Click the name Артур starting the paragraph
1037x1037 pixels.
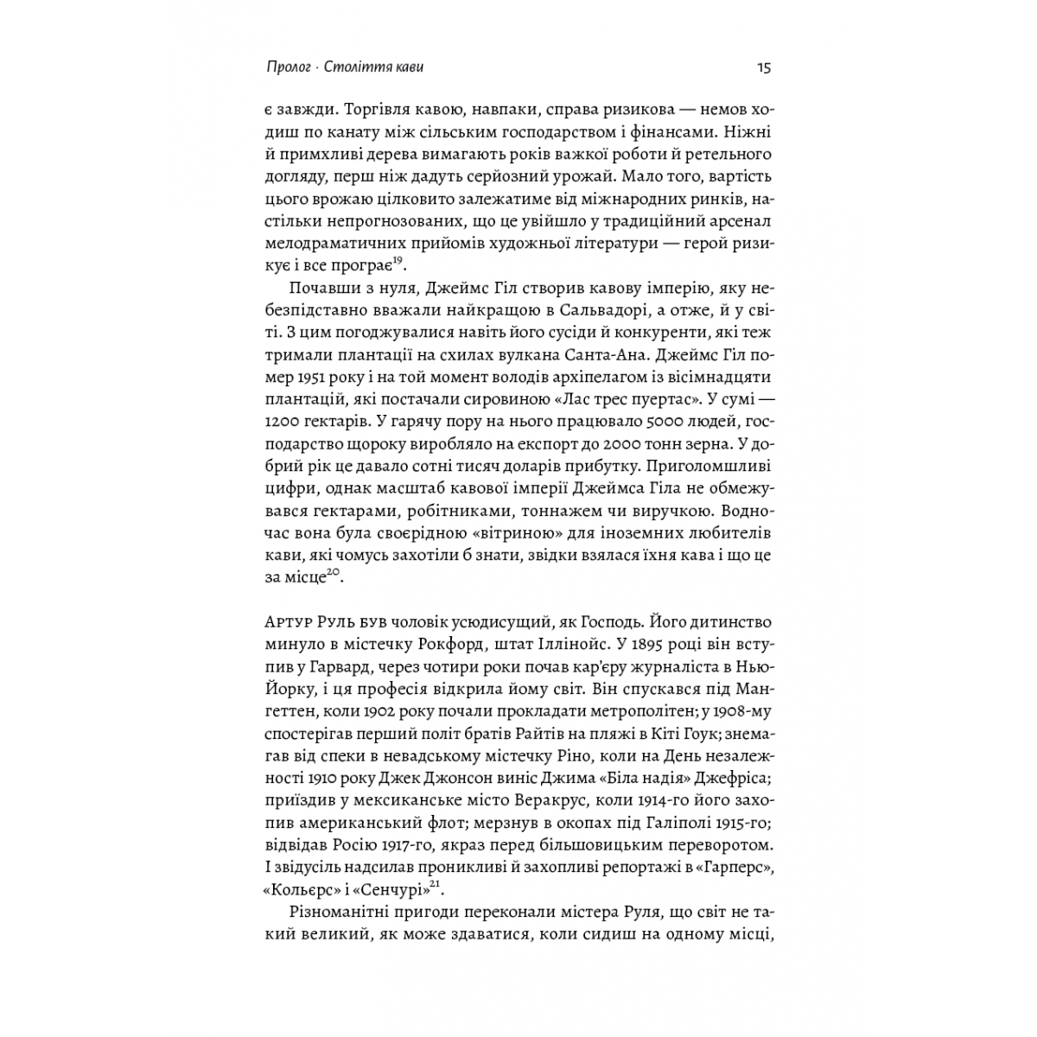click(290, 623)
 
